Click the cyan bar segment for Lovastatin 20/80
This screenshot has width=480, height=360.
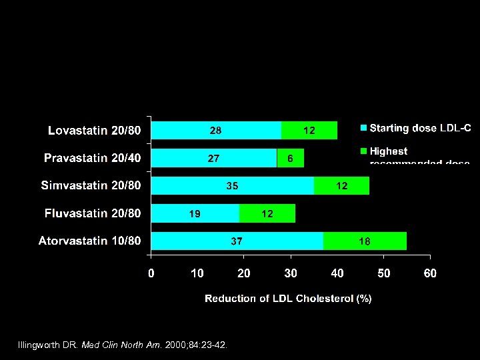[217, 130]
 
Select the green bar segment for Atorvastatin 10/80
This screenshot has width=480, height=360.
[365, 241]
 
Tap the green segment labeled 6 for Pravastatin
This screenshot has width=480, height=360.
[290, 158]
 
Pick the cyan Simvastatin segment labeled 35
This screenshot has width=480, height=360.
[232, 185]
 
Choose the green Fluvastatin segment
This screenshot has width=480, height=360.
[267, 213]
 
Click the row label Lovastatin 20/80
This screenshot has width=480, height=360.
[94, 130]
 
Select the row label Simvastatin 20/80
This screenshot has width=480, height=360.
[91, 185]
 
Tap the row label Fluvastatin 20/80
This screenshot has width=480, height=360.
[93, 213]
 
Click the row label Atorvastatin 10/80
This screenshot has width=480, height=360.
[89, 241]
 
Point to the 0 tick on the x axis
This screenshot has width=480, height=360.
[151, 273]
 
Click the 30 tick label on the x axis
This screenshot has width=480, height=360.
[291, 273]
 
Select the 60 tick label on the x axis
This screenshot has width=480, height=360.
[430, 273]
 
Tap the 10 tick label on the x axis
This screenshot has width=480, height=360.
[197, 273]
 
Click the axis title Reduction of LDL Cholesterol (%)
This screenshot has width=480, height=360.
[288, 299]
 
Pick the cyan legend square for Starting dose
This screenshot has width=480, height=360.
[363, 128]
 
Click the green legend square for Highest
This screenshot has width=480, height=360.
[363, 151]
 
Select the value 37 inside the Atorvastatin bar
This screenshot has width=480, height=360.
[237, 241]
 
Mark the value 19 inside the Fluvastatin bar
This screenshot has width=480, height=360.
[194, 214]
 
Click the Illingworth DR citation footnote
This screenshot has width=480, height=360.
[123, 345]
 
